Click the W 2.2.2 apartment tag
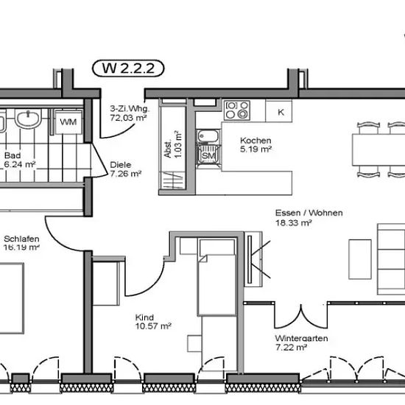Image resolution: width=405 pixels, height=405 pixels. (x=128, y=68)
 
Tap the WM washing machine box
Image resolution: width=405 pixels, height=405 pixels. (x=68, y=121)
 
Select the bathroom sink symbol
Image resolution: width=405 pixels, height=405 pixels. (x=28, y=118)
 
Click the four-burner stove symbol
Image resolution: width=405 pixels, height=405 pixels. (x=237, y=110)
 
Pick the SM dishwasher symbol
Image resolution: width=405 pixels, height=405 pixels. (x=208, y=156)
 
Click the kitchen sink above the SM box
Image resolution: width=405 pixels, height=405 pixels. (x=208, y=136)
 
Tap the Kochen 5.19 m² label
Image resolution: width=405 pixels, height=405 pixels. (x=256, y=145)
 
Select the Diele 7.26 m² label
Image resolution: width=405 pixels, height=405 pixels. (x=125, y=169)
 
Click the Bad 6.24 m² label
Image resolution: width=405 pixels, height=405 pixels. (x=20, y=160)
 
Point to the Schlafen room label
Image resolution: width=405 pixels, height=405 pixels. (x=21, y=239)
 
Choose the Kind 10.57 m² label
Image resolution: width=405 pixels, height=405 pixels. (x=153, y=322)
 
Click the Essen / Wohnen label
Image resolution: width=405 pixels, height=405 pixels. (x=309, y=213)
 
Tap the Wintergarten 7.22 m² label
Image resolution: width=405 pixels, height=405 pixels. (x=301, y=342)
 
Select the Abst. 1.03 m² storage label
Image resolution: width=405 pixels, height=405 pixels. (x=173, y=144)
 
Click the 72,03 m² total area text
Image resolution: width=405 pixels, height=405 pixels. (x=128, y=118)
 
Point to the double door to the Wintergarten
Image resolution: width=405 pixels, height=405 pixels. (x=301, y=317)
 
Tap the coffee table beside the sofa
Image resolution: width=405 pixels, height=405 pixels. (x=360, y=259)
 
